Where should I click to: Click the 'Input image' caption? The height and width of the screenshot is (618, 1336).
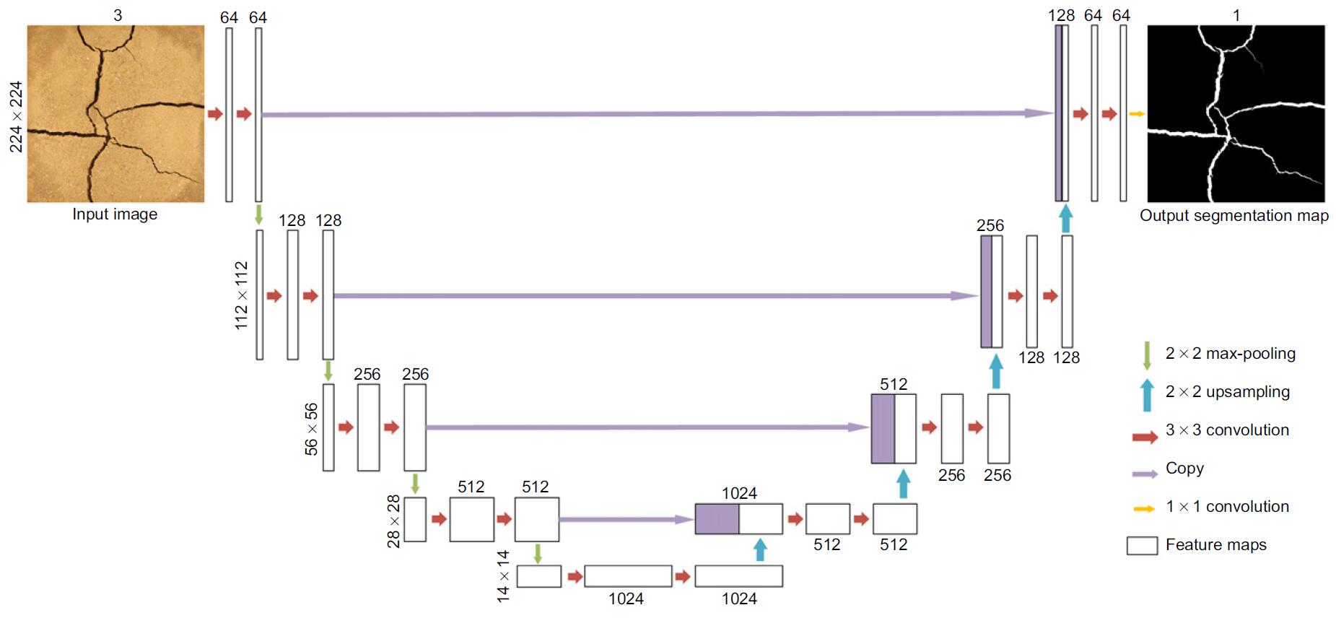click(115, 214)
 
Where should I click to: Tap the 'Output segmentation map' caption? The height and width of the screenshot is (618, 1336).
click(1234, 215)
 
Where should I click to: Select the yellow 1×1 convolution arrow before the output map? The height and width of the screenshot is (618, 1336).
click(1137, 114)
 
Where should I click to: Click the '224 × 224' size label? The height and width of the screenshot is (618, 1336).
click(16, 116)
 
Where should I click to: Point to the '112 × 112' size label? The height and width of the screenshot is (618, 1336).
click(241, 295)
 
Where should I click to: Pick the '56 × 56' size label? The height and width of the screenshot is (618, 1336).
click(311, 429)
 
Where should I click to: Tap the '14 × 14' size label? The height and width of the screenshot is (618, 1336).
click(503, 576)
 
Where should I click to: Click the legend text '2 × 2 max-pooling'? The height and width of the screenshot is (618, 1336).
click(1230, 354)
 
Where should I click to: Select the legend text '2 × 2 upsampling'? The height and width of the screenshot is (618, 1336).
click(1227, 392)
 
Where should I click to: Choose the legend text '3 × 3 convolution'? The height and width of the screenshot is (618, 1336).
click(1227, 430)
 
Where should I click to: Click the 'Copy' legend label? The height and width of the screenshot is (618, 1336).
click(1184, 469)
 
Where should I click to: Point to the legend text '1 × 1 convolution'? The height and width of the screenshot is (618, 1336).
click(1227, 507)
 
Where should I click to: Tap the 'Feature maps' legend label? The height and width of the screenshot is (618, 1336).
click(1215, 545)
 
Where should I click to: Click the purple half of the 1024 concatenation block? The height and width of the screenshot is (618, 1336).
click(717, 519)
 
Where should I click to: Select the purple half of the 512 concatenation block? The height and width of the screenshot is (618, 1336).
click(883, 429)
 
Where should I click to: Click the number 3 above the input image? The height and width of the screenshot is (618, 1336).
click(118, 15)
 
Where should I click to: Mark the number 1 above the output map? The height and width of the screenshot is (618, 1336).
click(1236, 15)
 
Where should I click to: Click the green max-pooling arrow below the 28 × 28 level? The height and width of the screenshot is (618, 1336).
click(537, 554)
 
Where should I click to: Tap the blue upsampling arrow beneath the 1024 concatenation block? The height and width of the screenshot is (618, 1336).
click(759, 550)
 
